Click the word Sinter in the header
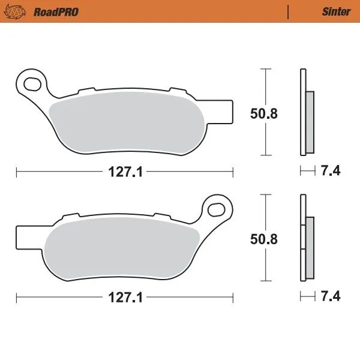336,11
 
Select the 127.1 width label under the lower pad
125,298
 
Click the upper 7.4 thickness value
331,172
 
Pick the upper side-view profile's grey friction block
310,122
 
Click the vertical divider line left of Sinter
289,11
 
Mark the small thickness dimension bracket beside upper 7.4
307,172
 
